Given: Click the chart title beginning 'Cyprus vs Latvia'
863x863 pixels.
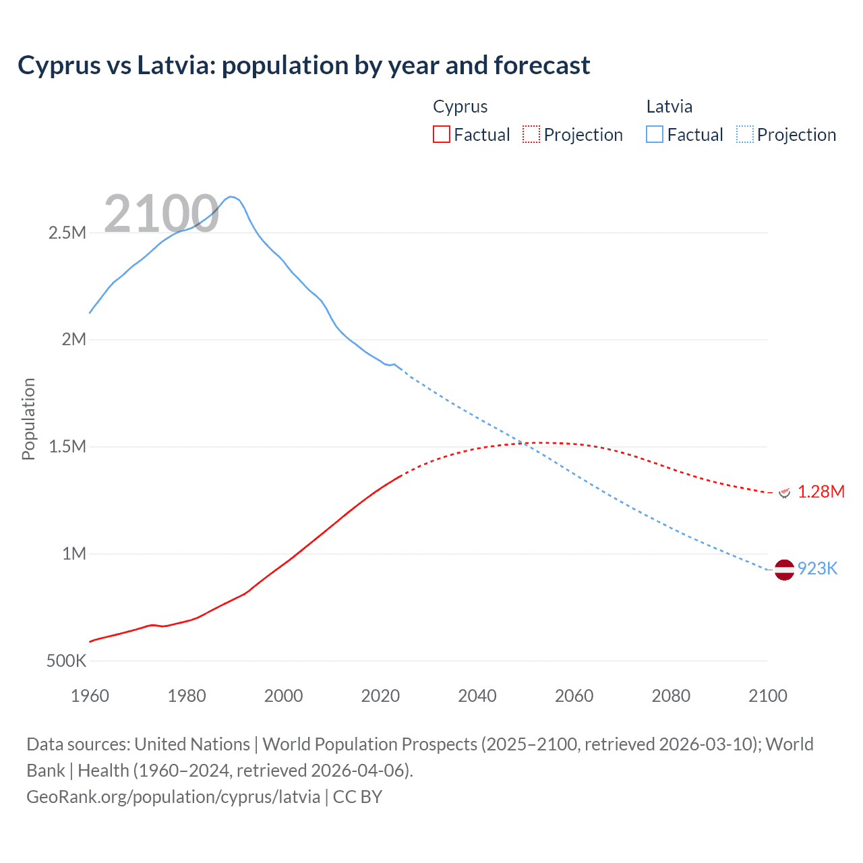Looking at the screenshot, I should pyautogui.click(x=303, y=65).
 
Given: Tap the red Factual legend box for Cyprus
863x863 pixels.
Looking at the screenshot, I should pyautogui.click(x=441, y=134).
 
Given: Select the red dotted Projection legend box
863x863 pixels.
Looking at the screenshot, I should pyautogui.click(x=531, y=134).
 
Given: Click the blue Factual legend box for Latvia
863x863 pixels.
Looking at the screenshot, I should pyautogui.click(x=654, y=134).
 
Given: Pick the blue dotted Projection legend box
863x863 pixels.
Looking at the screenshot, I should pyautogui.click(x=744, y=134).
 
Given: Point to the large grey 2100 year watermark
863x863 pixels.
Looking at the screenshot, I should pyautogui.click(x=161, y=214).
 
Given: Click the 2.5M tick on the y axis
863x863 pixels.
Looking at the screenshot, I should pyautogui.click(x=67, y=233).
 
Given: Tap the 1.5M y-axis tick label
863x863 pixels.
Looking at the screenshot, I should pyautogui.click(x=67, y=447).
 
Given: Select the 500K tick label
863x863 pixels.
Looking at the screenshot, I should pyautogui.click(x=66, y=661).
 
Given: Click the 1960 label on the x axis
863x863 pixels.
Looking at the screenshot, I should pyautogui.click(x=90, y=696).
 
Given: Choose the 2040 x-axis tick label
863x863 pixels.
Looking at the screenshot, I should pyautogui.click(x=477, y=696).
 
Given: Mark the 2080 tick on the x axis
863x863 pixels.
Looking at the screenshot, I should pyautogui.click(x=671, y=696).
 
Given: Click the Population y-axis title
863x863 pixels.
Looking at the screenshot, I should pyautogui.click(x=28, y=419).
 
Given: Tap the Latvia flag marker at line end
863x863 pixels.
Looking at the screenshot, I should pyautogui.click(x=784, y=570).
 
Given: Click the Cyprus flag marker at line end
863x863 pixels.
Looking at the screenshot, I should pyautogui.click(x=784, y=492).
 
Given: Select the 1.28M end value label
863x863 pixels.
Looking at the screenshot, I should pyautogui.click(x=821, y=492).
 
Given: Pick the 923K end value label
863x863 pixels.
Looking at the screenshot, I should pyautogui.click(x=817, y=569).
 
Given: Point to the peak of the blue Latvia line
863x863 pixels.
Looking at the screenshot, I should pyautogui.click(x=231, y=197).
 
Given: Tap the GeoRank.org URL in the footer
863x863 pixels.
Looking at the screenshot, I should pyautogui.click(x=173, y=797).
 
